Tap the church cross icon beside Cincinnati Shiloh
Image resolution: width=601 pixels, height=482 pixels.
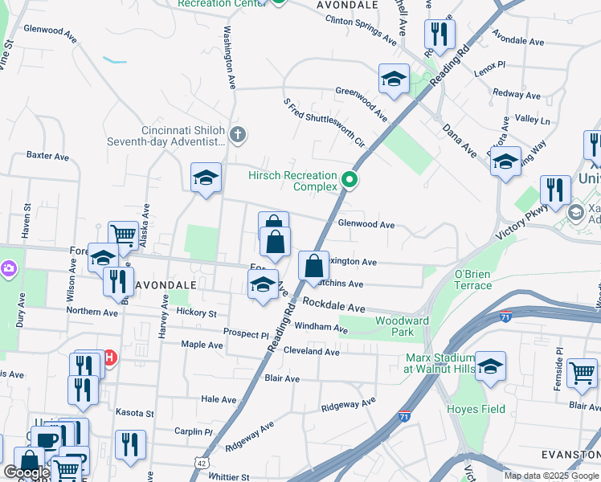[237, 135]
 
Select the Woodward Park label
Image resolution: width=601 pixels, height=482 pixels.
[394, 326]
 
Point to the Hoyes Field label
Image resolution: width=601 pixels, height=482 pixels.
[476, 409]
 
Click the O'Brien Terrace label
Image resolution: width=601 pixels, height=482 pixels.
[472, 280]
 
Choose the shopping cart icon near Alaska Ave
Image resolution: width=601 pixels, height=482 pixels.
[123, 235]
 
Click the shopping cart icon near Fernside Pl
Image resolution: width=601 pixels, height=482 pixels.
[583, 373]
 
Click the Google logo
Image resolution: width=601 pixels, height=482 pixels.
[27, 472]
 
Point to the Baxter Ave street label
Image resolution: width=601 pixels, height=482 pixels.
[43, 153]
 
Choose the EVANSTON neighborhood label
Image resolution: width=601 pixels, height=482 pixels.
[570, 454]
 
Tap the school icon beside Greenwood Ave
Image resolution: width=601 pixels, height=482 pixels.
[394, 79]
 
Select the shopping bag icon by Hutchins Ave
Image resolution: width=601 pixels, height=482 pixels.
[313, 265]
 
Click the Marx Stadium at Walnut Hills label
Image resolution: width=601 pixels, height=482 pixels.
[440, 363]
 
